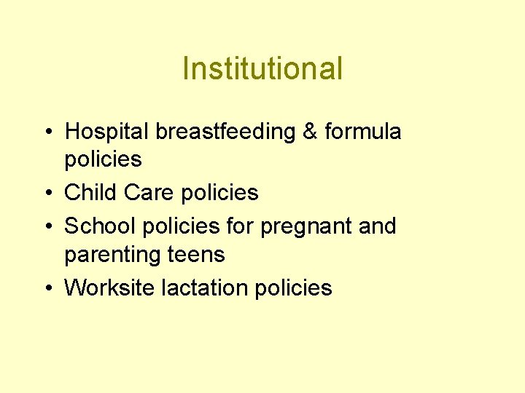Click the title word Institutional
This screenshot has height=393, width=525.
pos(262,69)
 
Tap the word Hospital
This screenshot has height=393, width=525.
pos(106,132)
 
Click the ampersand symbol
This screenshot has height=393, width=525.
pos(311,132)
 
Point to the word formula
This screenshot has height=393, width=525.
pos(362,132)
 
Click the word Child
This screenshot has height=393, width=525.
pos(91,193)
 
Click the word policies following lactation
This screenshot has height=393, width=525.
pos(294,288)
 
